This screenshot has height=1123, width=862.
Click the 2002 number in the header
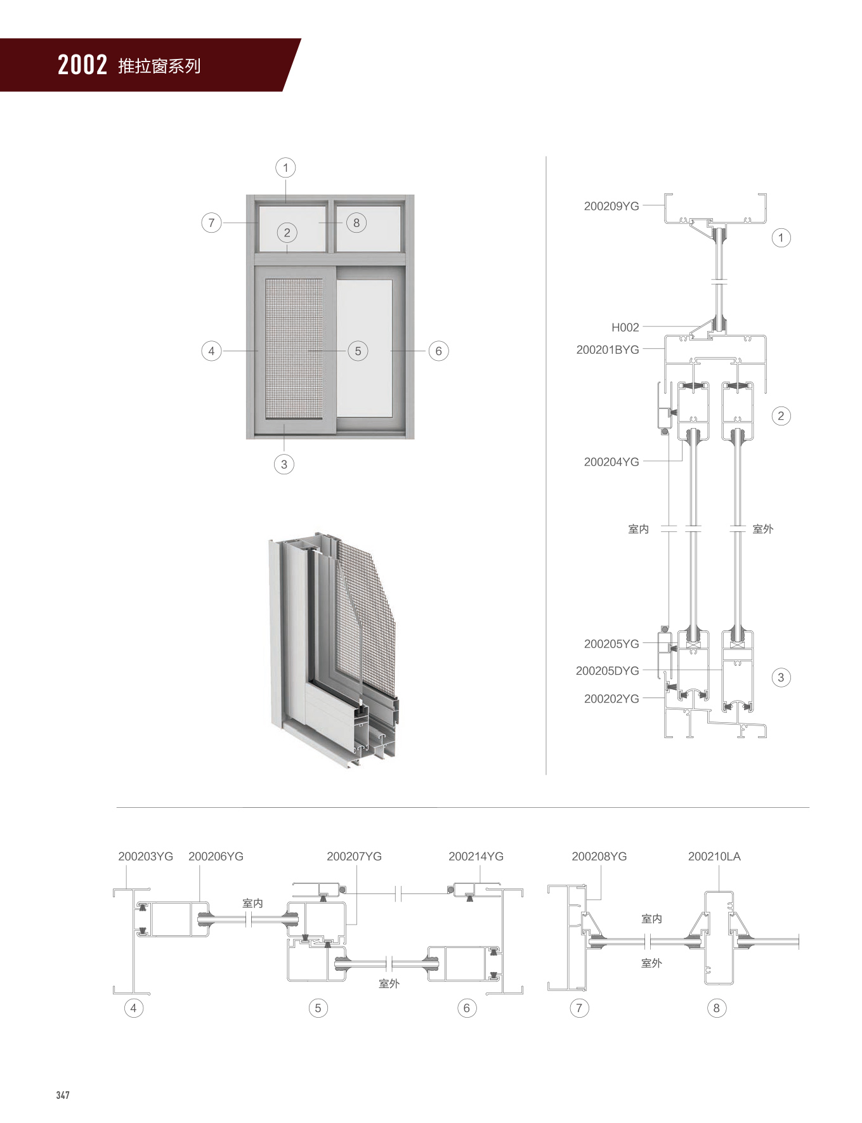pos(82,65)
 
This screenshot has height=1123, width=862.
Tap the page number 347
pos(63,1095)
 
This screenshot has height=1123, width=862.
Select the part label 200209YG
pos(611,206)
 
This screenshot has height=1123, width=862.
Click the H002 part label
pos(625,327)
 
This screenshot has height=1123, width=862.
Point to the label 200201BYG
pos(608,349)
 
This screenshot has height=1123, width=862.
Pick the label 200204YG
pos(611,462)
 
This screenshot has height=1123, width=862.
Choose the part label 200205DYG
pos(607,670)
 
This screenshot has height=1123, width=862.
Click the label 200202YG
pos(611,698)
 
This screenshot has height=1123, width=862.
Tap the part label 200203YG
pos(145,856)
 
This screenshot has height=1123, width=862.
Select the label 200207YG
pos(354,856)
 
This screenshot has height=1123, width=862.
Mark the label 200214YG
pos(476,856)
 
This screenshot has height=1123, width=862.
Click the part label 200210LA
pos(714,856)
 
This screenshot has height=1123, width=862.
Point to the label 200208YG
pos(599,856)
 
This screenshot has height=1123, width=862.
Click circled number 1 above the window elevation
pos(285,167)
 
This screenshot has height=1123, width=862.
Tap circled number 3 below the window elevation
pos(284,464)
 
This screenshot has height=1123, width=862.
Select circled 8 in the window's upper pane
pos(356,223)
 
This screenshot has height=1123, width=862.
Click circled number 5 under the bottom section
pos(318,1008)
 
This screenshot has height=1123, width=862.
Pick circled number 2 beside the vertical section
pos(781,416)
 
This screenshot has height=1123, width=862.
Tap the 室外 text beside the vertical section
pos(762,529)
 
